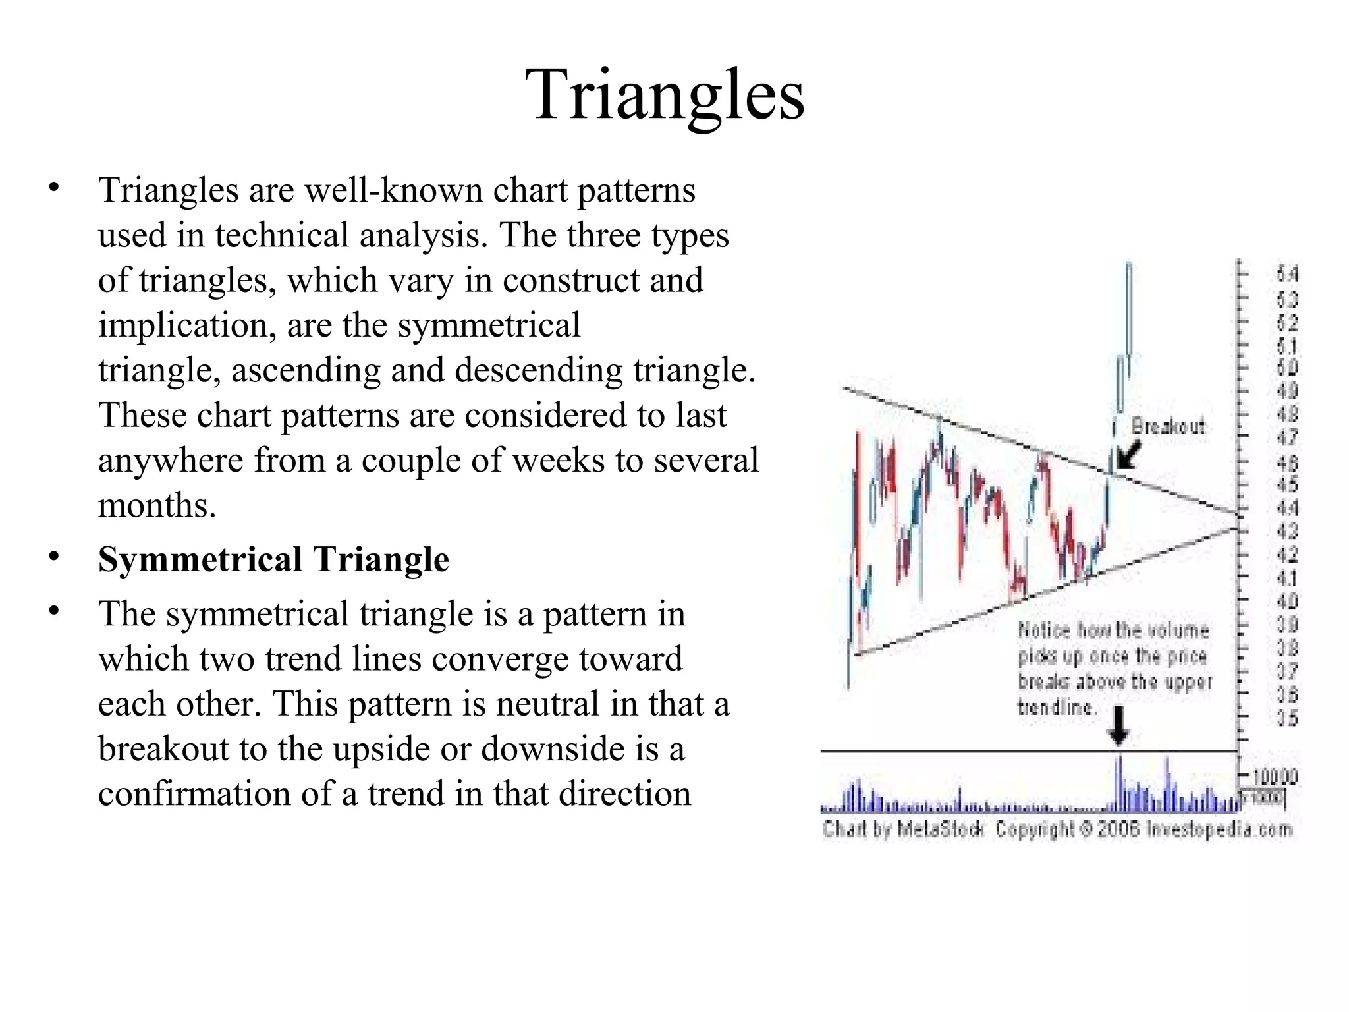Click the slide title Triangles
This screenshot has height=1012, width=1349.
click(665, 95)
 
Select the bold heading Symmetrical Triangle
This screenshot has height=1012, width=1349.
click(273, 560)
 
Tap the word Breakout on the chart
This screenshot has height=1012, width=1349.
click(1168, 427)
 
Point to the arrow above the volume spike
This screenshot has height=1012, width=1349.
click(1118, 727)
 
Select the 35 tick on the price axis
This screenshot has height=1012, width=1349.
click(1286, 719)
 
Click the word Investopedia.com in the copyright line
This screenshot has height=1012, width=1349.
click(1219, 829)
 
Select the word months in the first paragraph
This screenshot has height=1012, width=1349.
click(157, 506)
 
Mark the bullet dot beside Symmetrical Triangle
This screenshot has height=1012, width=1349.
click(54, 557)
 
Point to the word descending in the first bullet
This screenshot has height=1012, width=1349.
click(538, 371)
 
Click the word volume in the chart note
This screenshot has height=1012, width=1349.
click(1178, 631)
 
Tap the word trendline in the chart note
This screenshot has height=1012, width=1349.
click(1055, 708)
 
